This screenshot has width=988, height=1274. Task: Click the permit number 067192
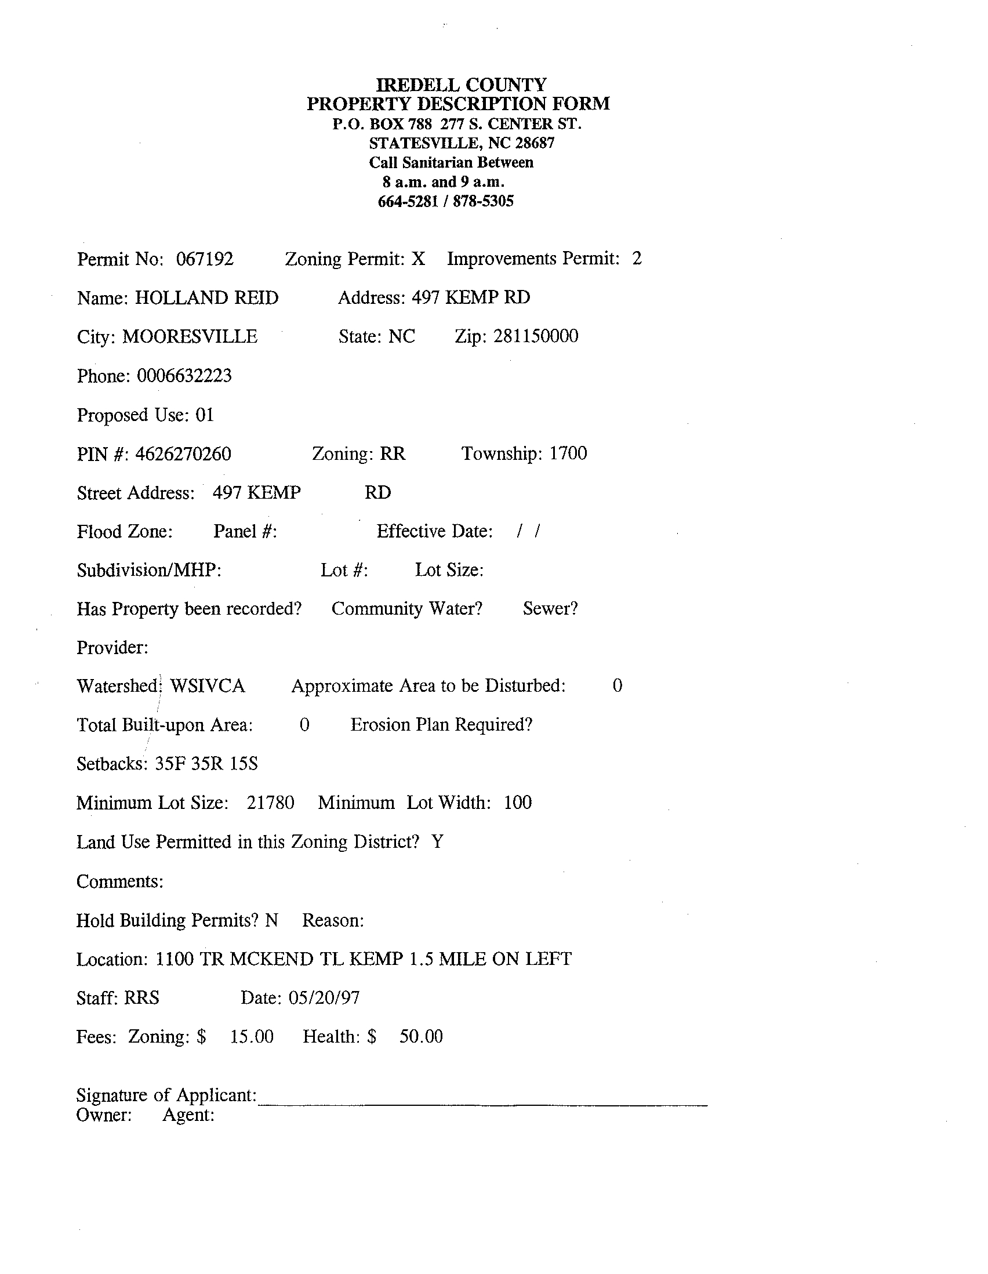tap(205, 259)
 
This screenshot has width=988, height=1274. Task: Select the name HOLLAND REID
tap(206, 298)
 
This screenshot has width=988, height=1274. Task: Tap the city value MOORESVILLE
tap(190, 337)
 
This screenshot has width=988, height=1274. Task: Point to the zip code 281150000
tap(535, 336)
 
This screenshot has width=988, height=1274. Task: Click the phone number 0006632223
tap(184, 376)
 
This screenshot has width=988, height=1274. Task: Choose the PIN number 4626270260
tap(183, 454)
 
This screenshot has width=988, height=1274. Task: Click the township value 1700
tap(568, 453)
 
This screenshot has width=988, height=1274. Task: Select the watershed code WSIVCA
tap(207, 686)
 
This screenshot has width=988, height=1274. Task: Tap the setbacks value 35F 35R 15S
tap(206, 764)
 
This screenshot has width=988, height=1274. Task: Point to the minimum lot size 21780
tap(271, 803)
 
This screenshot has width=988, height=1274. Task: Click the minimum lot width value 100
tap(518, 803)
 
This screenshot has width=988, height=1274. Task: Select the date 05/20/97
tap(324, 998)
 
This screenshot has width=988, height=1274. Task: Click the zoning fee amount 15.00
tap(252, 1037)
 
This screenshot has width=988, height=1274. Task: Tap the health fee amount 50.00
tap(421, 1037)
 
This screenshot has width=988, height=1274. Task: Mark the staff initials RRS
tap(141, 998)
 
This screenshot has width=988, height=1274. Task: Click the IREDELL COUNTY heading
tap(461, 85)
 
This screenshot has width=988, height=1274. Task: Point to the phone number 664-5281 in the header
tap(408, 202)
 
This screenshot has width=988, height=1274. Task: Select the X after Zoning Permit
tap(418, 259)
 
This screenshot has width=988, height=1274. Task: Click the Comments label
tap(119, 881)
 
